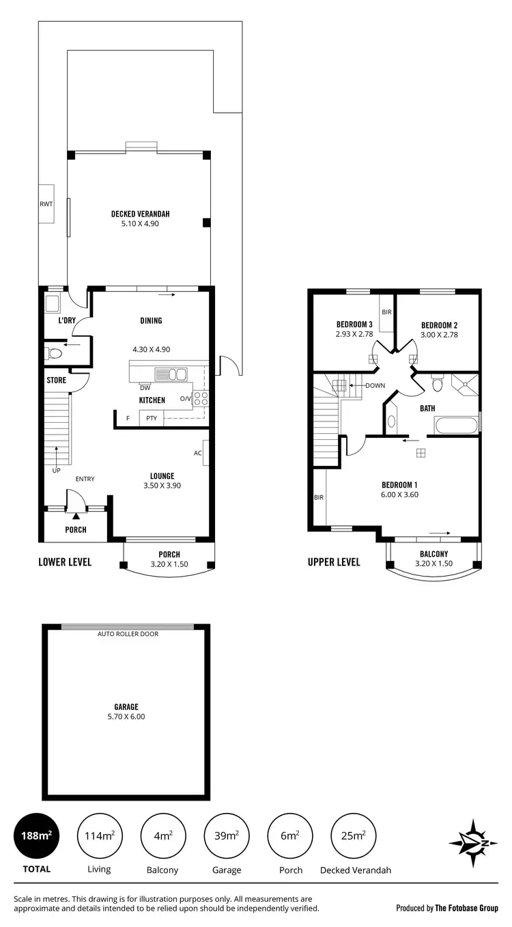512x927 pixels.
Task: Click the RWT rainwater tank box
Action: pos(46,204)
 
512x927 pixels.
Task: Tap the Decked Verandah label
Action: pos(140,214)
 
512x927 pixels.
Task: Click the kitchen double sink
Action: pos(171,374)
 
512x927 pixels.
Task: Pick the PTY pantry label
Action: pos(151,419)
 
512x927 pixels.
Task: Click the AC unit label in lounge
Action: pos(197,453)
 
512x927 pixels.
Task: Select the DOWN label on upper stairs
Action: pos(375,385)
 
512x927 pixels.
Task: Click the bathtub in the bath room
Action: pos(456,426)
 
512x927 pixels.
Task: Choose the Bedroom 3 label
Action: pos(354,324)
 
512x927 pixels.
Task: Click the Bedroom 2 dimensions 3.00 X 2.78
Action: pos(438,335)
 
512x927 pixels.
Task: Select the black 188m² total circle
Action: pos(36,835)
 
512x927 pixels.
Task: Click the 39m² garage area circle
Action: pos(227,835)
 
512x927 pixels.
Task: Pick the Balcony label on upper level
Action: pos(433,554)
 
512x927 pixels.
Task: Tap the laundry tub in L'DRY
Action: pos(53,303)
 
